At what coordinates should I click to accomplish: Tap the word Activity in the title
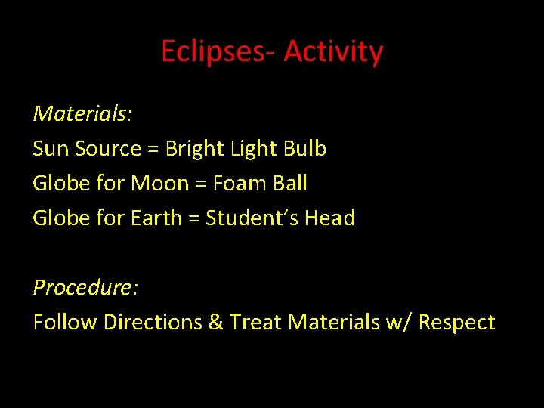[333, 52]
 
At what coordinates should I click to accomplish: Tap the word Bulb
[304, 149]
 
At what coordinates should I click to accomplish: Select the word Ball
[289, 184]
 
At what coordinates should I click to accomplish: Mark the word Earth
[156, 218]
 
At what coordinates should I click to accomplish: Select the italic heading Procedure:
[85, 288]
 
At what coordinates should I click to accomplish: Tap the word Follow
[65, 323]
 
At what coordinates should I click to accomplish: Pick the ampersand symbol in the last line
[215, 323]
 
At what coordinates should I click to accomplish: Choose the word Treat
[255, 323]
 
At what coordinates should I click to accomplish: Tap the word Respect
[456, 323]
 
